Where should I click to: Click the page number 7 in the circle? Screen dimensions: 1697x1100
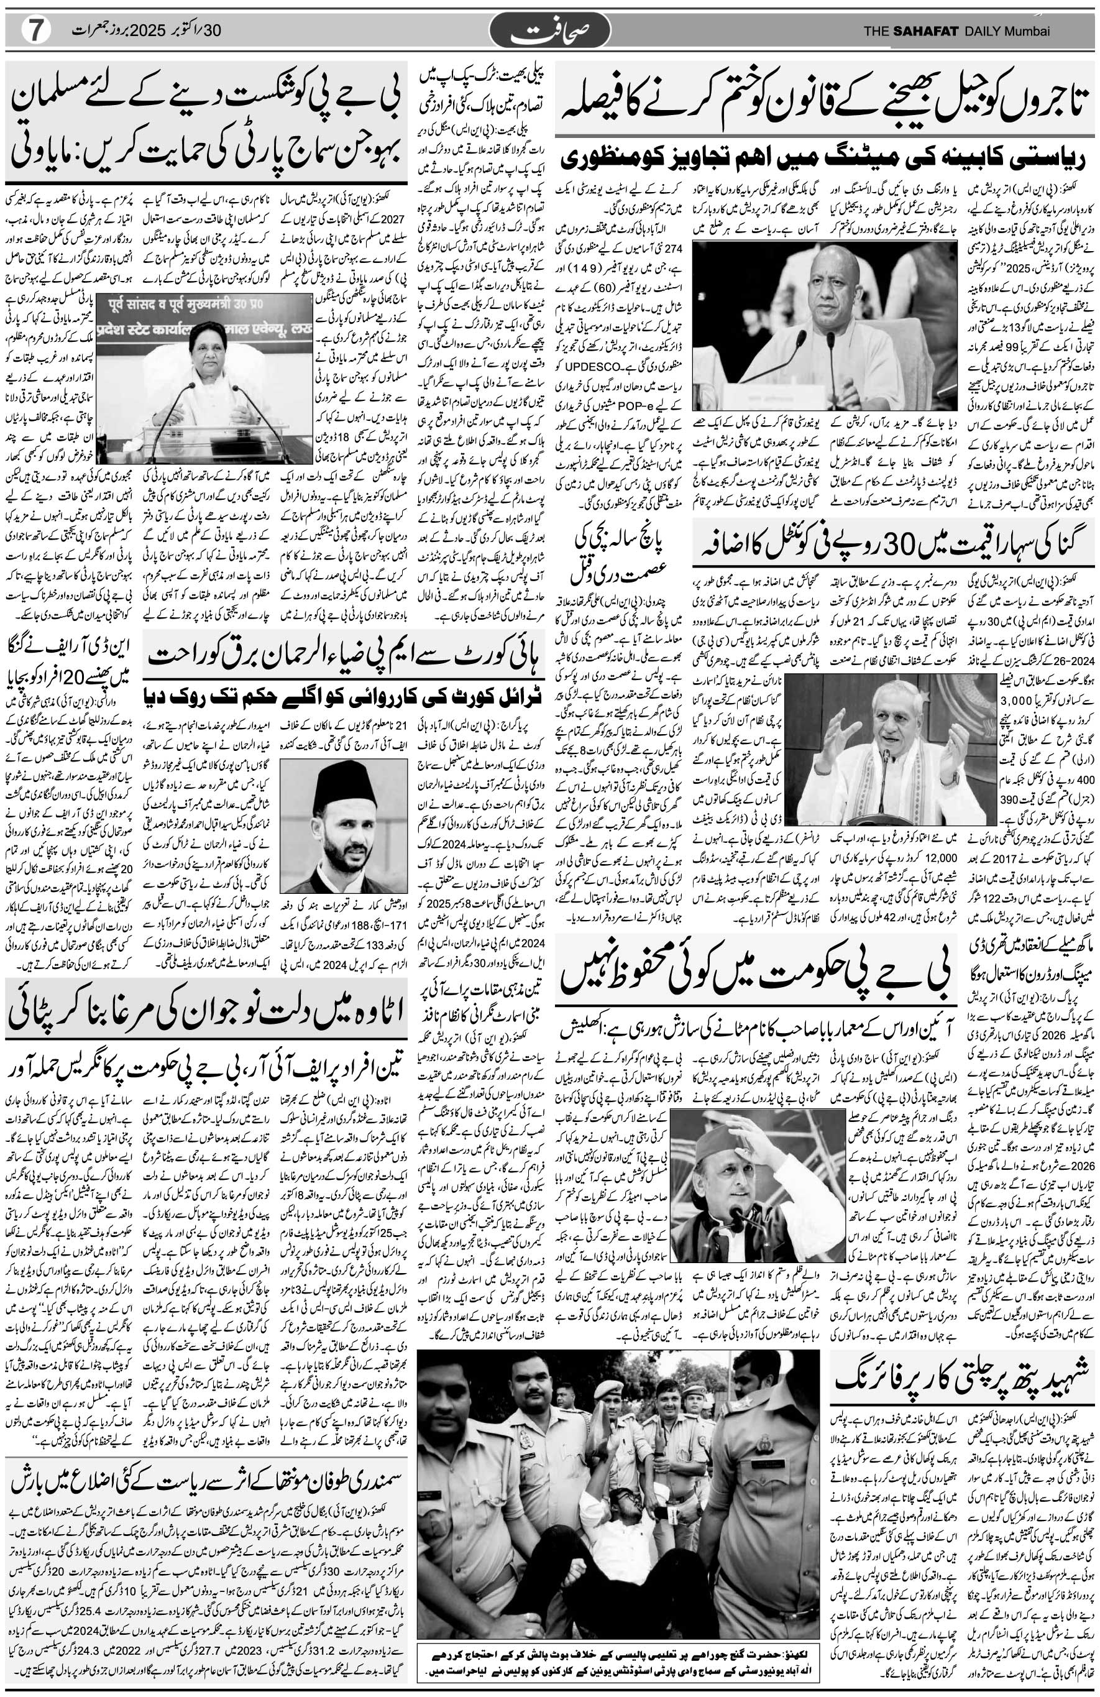(33, 30)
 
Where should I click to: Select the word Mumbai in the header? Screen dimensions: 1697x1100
(1027, 30)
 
